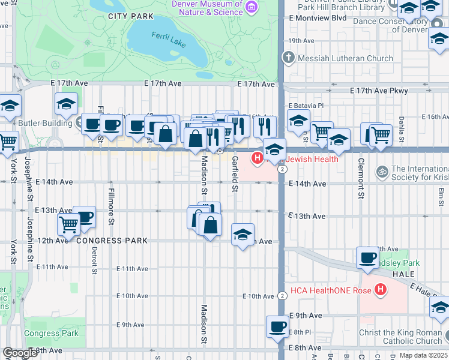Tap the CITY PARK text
pos(126,16)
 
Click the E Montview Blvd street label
pos(318,18)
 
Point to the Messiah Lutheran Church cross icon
pos(289,58)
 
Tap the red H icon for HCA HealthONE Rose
pos(379,290)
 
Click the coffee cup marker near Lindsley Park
pos(367,258)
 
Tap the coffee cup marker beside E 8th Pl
pos(277,327)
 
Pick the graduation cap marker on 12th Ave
pos(243,234)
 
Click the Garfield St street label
pos(235,174)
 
